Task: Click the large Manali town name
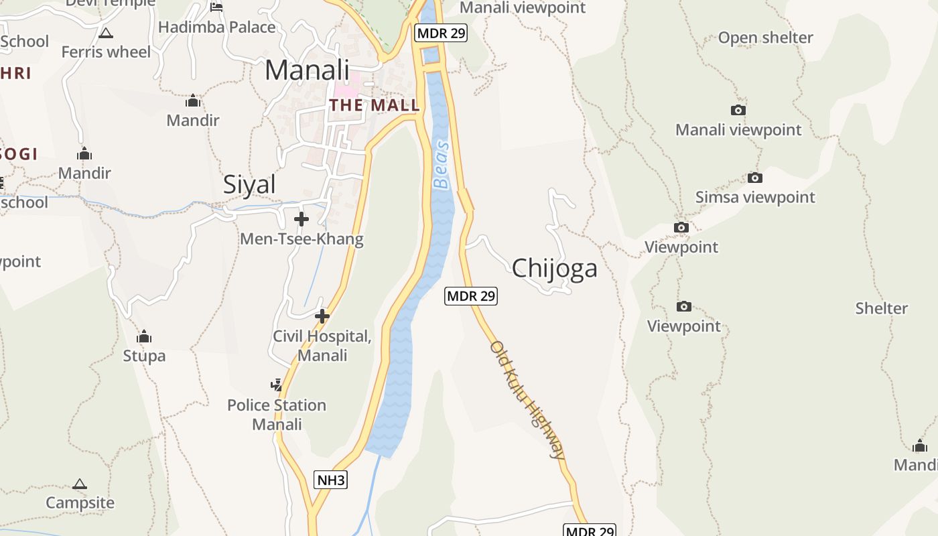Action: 307,70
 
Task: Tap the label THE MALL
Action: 374,105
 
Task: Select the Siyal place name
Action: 249,184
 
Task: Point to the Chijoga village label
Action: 554,268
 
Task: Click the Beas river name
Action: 441,164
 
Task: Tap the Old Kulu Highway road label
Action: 527,400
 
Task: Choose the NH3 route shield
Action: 331,480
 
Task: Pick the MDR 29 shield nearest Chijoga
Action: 471,295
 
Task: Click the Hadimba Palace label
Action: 216,27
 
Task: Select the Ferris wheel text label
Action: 106,52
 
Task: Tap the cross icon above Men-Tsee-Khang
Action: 301,219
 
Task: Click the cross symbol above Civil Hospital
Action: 322,316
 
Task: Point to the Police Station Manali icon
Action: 277,385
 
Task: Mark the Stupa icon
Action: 144,336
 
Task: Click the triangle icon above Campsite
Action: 80,484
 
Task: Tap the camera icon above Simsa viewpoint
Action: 755,178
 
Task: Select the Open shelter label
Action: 765,38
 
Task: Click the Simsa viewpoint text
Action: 755,197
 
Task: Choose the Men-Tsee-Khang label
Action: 301,239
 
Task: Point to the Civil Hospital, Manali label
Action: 322,346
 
